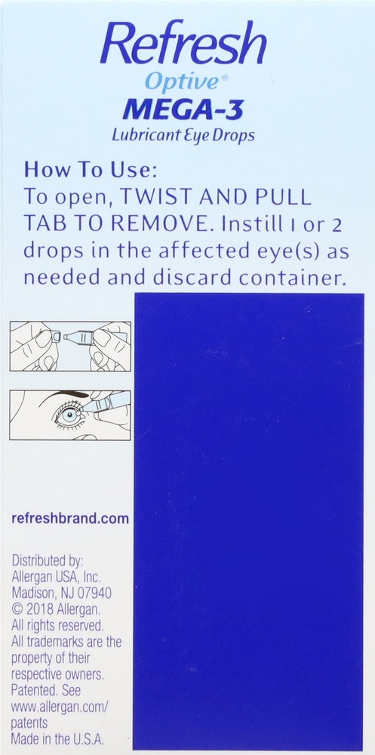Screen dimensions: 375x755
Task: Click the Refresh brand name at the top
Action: pos(183,43)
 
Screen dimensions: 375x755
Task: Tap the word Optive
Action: pos(181,82)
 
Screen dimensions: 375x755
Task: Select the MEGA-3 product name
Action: pos(183,109)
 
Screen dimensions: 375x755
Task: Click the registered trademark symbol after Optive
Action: pos(224,77)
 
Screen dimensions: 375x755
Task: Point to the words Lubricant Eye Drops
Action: pos(183,135)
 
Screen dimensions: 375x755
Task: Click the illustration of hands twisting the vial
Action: pos(70,346)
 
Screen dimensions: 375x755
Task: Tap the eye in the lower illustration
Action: pos(69,415)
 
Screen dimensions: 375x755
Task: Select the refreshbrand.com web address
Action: pos(70,519)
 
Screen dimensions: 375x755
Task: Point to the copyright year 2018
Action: pos(39,609)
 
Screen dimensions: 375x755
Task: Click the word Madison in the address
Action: pos(31,592)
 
